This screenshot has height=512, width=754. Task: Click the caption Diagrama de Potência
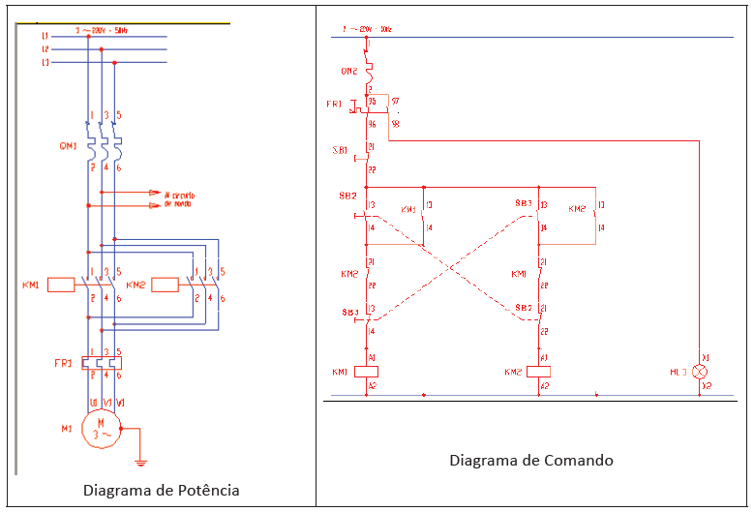coord(161,491)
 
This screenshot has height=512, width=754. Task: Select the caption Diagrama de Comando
coord(531,460)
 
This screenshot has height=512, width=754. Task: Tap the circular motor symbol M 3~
coord(100,428)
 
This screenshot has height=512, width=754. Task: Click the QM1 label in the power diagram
coord(66,146)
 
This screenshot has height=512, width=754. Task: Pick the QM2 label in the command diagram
coord(348,71)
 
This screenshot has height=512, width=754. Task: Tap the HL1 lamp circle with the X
coord(704,372)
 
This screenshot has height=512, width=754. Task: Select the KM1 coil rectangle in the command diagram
coord(367,372)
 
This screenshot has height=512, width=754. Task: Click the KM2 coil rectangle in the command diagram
coord(538,372)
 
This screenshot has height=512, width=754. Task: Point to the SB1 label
coord(340,150)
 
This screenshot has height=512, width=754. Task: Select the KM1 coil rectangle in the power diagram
coord(62,285)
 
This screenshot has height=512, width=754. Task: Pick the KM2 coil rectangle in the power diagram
coord(165,285)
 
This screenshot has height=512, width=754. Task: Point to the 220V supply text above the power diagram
coord(101,31)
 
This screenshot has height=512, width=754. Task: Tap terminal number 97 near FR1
coord(396,101)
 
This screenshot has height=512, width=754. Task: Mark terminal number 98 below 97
coord(395,123)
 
